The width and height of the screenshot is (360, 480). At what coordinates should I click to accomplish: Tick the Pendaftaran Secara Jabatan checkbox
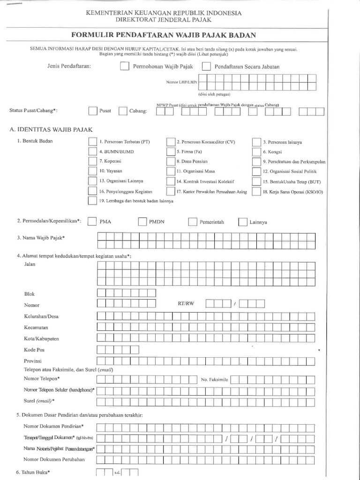[206, 67]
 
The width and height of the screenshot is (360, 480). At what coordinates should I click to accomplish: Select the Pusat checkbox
[92, 111]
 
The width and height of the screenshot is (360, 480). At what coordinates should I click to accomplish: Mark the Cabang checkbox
[123, 111]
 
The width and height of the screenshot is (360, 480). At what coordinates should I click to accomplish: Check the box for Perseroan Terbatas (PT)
[92, 142]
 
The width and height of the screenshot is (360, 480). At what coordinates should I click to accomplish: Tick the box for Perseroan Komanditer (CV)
[171, 142]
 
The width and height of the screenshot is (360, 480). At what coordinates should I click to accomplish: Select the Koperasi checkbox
[92, 162]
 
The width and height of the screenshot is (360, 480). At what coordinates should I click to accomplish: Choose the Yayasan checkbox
[92, 172]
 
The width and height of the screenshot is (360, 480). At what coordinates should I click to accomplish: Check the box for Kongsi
[256, 152]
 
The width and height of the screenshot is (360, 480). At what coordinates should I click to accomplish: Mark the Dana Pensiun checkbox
[171, 162]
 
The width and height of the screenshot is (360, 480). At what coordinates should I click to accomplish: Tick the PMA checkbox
[92, 222]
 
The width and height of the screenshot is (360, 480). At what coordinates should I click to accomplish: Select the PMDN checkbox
[142, 222]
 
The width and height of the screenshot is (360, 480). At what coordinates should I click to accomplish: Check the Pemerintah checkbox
[193, 222]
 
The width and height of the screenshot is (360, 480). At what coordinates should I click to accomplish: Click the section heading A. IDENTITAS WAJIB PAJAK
[52, 128]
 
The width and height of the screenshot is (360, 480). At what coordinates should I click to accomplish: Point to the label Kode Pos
[34, 350]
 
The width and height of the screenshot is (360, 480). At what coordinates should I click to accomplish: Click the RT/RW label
[186, 304]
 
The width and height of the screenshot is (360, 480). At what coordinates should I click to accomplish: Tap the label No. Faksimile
[214, 379]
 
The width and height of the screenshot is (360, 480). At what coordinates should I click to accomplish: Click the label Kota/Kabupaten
[41, 338]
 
